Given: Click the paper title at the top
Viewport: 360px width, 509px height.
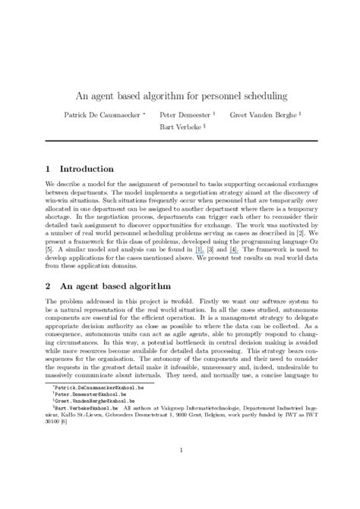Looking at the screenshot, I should pos(179,97).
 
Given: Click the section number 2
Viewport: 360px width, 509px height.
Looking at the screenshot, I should pos(47,286).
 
